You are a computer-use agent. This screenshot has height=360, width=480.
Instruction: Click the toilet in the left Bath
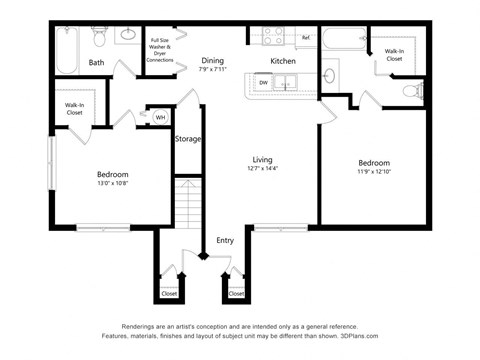click(98, 37)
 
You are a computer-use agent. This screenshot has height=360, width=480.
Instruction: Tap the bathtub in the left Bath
click(67, 50)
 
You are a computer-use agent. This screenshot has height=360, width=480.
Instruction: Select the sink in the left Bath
click(128, 36)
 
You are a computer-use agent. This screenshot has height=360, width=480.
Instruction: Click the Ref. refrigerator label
click(305, 38)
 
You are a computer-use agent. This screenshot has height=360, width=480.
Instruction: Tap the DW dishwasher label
click(263, 83)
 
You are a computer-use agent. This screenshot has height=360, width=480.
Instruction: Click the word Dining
click(212, 60)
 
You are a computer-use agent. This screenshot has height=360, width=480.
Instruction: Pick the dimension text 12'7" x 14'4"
click(262, 168)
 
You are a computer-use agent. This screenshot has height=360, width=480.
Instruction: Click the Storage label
click(188, 139)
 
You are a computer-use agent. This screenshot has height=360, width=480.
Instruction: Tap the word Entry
click(224, 241)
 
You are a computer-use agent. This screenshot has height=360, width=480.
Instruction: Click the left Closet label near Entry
click(168, 294)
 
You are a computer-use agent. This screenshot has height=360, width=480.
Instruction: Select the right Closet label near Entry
click(236, 294)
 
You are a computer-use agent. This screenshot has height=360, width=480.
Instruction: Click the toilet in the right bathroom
click(409, 91)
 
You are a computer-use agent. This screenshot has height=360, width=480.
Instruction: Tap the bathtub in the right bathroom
click(344, 43)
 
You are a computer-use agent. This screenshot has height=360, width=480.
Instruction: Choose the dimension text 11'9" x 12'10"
click(373, 173)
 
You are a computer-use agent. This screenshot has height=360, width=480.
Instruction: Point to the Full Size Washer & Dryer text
click(160, 50)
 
